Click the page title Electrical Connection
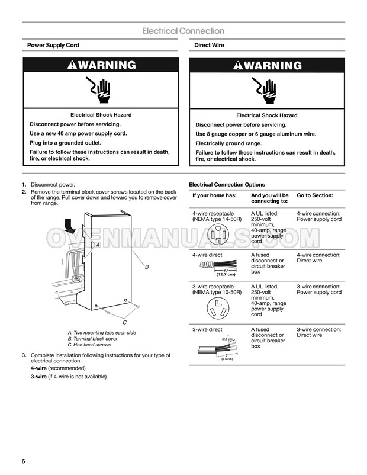[x=183, y=31]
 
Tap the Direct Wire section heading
[x=209, y=46]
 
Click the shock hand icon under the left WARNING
[x=100, y=91]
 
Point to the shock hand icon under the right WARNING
[x=266, y=91]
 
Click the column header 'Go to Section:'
[x=315, y=195]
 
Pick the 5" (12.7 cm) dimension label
[x=226, y=272]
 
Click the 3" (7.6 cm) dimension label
[x=227, y=357]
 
